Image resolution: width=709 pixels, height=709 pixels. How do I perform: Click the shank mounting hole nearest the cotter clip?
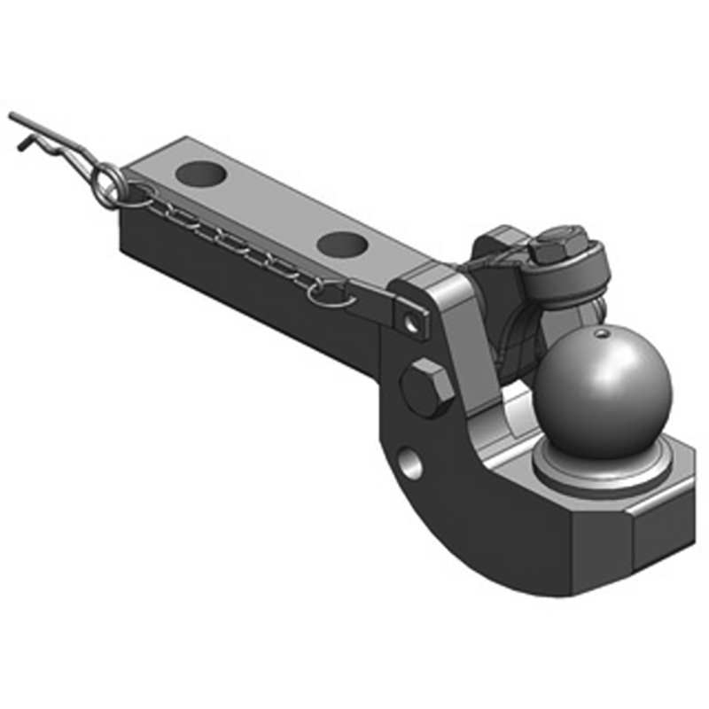[199, 172]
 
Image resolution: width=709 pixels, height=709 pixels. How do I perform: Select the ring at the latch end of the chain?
[326, 292]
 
